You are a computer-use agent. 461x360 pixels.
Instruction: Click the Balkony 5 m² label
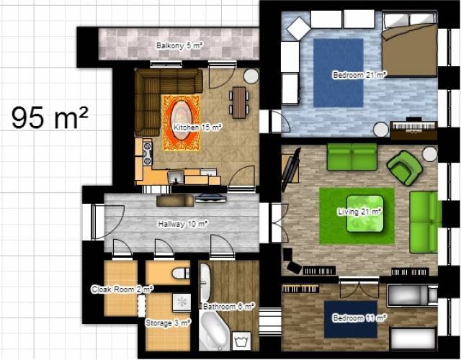[179, 45]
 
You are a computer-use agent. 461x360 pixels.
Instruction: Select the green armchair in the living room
[405, 168]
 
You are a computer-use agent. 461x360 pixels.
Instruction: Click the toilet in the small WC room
[181, 273]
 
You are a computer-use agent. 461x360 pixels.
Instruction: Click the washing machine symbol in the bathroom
[241, 341]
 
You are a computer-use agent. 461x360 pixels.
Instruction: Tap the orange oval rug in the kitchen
[181, 122]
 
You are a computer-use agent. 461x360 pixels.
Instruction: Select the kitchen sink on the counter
[176, 178]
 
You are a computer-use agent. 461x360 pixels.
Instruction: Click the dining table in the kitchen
[238, 102]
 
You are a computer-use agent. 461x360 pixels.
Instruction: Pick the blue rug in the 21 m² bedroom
[339, 73]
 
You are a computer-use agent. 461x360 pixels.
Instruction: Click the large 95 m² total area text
[50, 117]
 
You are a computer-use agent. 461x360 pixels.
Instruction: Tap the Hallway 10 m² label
[183, 224]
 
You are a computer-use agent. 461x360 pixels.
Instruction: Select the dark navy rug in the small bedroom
[351, 319]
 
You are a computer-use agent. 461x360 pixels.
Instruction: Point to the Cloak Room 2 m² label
[122, 289]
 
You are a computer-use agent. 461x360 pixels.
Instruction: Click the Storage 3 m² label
[168, 323]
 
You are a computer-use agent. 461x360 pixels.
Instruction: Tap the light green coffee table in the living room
[365, 214]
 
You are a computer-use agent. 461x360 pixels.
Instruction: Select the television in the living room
[291, 170]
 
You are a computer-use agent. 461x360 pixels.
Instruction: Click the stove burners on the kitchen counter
[147, 153]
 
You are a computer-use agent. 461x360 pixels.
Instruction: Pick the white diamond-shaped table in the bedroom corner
[299, 28]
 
